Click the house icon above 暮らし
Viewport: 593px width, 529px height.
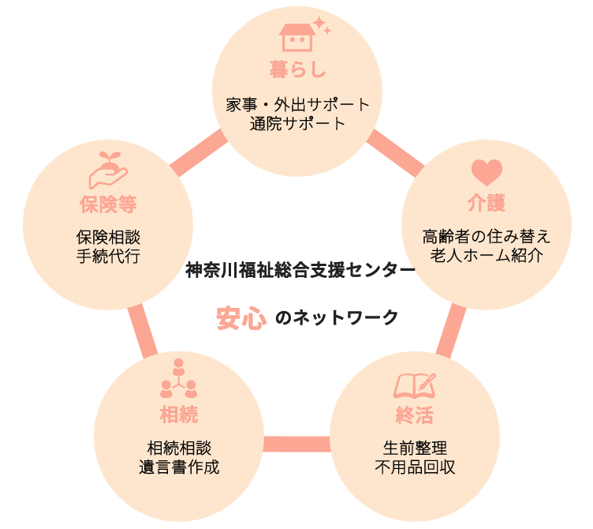click(296, 36)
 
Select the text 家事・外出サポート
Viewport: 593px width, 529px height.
click(297, 104)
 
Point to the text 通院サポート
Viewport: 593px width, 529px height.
click(297, 123)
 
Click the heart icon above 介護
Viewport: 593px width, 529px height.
click(487, 172)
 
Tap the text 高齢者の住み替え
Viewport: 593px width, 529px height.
click(487, 237)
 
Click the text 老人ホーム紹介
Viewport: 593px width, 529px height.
click(487, 256)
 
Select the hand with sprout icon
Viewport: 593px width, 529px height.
click(108, 167)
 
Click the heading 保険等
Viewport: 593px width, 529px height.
click(108, 204)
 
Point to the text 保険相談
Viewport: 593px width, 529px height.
click(108, 237)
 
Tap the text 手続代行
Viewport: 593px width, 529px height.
click(108, 256)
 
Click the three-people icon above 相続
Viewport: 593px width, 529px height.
click(178, 379)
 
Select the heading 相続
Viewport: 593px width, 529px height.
click(178, 414)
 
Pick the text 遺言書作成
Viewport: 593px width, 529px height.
click(178, 467)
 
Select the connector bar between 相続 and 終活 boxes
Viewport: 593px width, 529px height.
click(296, 445)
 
